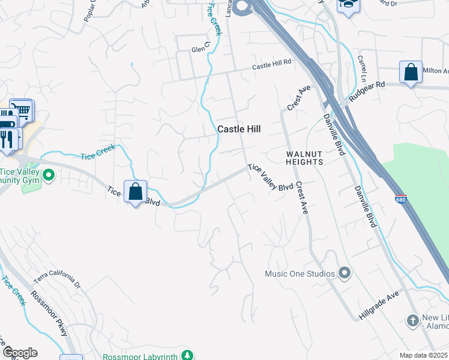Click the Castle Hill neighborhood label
(x=239, y=129)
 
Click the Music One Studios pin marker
(x=344, y=274)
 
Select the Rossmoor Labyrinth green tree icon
(x=187, y=356)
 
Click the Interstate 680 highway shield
(x=400, y=198)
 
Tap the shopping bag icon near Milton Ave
(x=411, y=73)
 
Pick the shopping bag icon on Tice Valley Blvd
(x=136, y=192)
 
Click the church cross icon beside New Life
(x=412, y=320)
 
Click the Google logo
(x=20, y=353)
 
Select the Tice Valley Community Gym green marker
(x=49, y=175)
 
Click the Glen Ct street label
(x=200, y=48)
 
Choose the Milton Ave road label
(x=435, y=71)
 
